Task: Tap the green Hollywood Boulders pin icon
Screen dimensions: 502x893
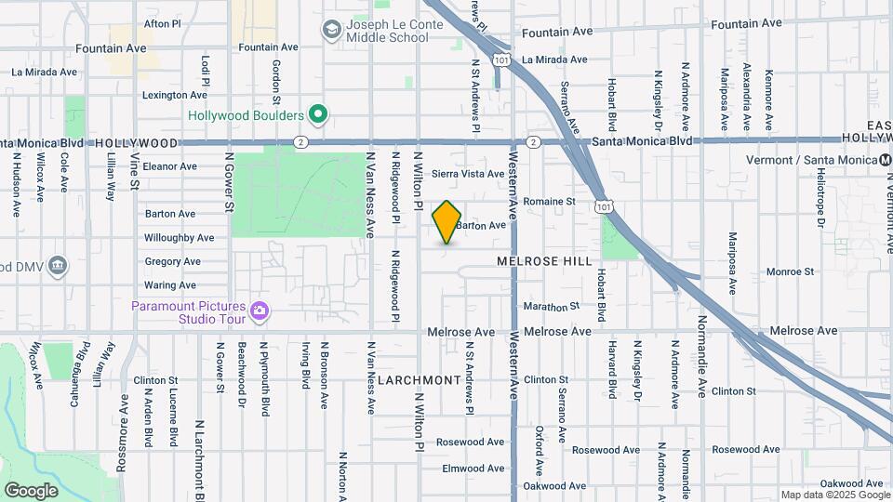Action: (318, 115)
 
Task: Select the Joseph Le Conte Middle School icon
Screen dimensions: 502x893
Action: (330, 31)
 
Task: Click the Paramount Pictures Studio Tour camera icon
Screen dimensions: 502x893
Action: (259, 311)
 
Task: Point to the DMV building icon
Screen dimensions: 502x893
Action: (58, 267)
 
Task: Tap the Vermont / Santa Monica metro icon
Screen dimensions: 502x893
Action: (885, 160)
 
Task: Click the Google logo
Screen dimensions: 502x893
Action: (31, 490)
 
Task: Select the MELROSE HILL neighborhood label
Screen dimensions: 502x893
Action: (544, 262)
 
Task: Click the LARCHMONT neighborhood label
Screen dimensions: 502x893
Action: (419, 380)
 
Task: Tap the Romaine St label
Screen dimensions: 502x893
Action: (549, 201)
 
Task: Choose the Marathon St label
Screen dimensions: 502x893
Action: (552, 306)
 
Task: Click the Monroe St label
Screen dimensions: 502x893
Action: (790, 271)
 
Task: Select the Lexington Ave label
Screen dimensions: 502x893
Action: (174, 95)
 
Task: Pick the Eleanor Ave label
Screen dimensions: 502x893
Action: (169, 166)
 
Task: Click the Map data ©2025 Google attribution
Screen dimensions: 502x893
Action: (834, 495)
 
